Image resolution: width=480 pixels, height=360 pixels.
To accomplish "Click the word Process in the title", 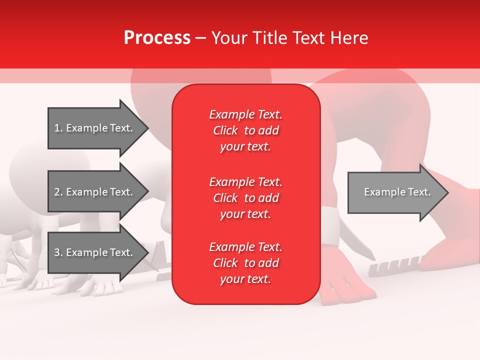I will [157, 38].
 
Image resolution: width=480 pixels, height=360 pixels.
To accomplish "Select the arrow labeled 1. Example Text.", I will [95, 128].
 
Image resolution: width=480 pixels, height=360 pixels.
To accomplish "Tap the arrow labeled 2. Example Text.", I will [95, 192].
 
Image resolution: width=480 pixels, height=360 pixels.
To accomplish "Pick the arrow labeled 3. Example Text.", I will [95, 252].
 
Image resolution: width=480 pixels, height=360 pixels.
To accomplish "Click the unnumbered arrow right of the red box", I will [395, 192].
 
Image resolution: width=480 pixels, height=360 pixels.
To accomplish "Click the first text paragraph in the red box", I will [245, 130].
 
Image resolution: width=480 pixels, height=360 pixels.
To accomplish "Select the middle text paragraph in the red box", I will [245, 198].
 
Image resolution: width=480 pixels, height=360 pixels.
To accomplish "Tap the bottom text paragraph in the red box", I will [245, 263].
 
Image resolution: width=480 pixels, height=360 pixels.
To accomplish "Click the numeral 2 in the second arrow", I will [57, 192].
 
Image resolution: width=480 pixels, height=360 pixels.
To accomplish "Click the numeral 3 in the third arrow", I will [57, 252].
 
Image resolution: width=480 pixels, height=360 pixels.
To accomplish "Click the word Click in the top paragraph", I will [225, 131].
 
